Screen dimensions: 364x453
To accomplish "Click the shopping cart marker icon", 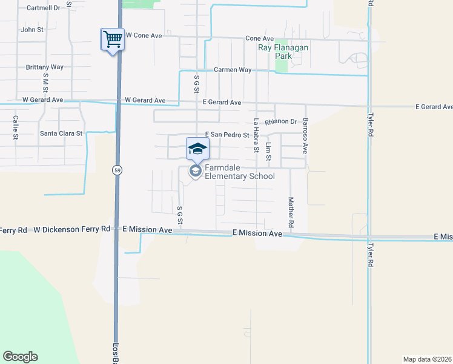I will pyautogui.click(x=113, y=40).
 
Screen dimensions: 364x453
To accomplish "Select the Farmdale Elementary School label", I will pyautogui.click(x=240, y=172).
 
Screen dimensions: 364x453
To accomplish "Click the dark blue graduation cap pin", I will pyautogui.click(x=197, y=149).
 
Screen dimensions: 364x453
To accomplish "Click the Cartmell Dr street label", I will pyautogui.click(x=44, y=8).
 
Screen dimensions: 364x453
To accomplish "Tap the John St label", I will pyautogui.click(x=32, y=29).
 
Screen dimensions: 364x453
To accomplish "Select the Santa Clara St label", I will pyautogui.click(x=61, y=133).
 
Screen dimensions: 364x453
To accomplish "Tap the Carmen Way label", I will pyautogui.click(x=233, y=70).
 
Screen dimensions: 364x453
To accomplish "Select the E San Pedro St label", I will pyautogui.click(x=227, y=134).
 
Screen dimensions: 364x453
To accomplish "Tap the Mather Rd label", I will pyautogui.click(x=291, y=212).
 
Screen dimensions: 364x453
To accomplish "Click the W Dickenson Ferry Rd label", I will pyautogui.click(x=72, y=230).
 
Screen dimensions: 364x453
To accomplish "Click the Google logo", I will pyautogui.click(x=20, y=357).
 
